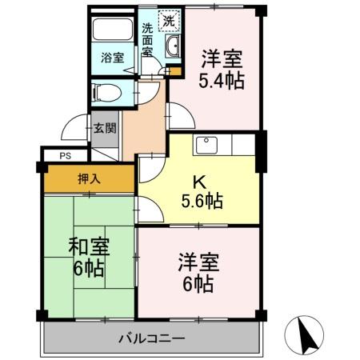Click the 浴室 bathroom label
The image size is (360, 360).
[x=112, y=58]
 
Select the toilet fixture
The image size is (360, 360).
[x=106, y=92]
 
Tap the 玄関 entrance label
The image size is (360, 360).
[x=104, y=128]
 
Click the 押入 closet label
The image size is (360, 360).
[x=88, y=178]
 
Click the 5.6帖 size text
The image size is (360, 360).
[x=202, y=202]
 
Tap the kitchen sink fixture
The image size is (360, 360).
[x=207, y=145]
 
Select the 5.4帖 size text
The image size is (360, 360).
[x=222, y=80]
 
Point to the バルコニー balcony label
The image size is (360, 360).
[x=153, y=337]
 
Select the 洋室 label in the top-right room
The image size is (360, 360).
[x=222, y=58]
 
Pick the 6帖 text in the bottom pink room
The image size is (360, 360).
[x=198, y=283]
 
